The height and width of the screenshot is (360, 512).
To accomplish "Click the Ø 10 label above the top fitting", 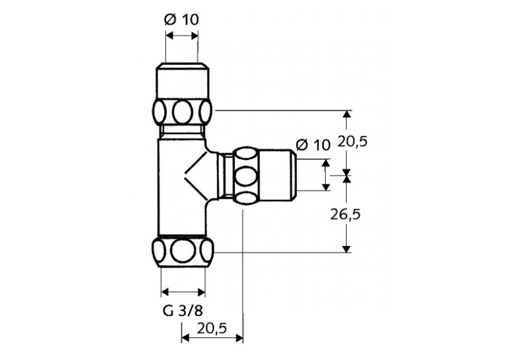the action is (181, 20).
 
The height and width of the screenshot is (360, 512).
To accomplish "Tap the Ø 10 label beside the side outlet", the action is (313, 145).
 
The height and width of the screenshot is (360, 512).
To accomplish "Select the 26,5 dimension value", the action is (345, 215).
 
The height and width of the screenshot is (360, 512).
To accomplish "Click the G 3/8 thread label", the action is (183, 311).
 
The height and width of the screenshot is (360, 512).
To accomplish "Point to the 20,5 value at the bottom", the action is (212, 328).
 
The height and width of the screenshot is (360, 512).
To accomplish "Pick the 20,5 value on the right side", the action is (353, 142).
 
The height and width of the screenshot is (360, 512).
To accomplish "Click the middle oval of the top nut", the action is (183, 112).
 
